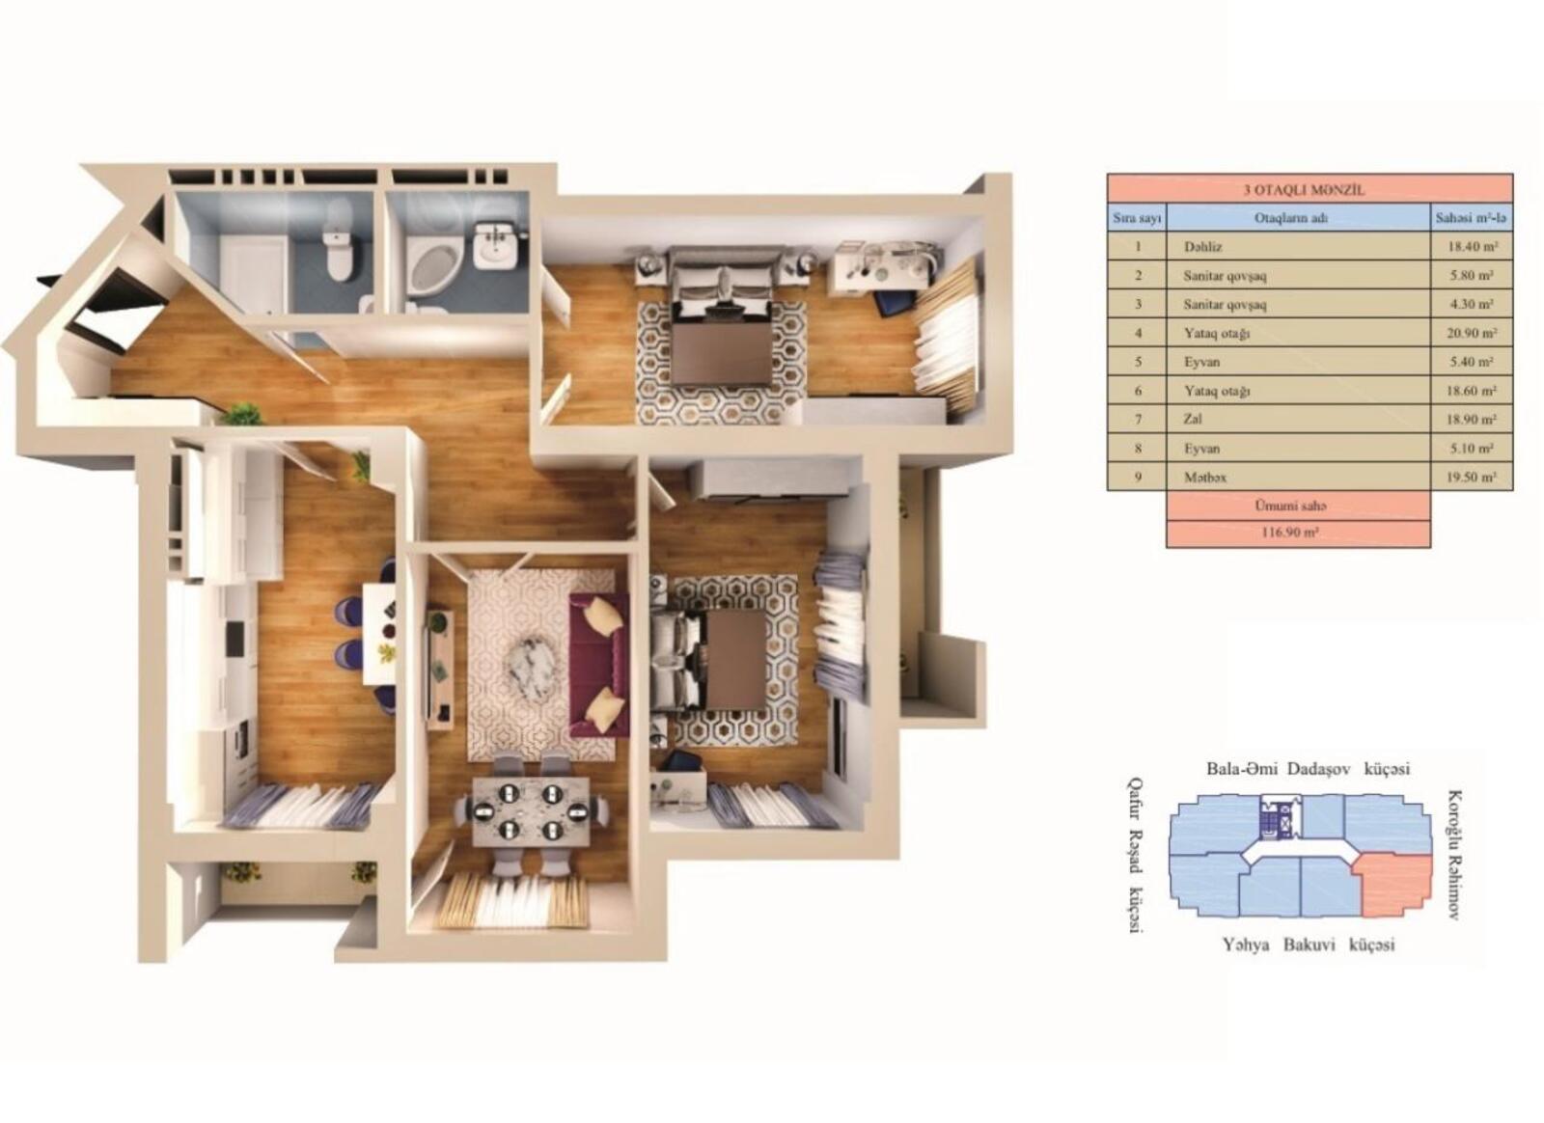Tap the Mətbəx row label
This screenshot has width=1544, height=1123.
pos(1205,477)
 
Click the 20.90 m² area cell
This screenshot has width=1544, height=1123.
pos(1473,333)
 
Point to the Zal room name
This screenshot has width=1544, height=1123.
pos(1193,419)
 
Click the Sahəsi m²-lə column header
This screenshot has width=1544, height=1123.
pos(1472,218)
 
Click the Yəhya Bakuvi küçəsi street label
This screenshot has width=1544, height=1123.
pos(1309,945)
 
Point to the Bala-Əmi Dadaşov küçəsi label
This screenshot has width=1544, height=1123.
pos(1308,768)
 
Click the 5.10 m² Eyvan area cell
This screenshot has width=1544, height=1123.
pos(1473,448)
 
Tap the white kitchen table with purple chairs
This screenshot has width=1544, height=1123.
pos(379,633)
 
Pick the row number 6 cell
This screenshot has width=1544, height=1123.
pos(1138,391)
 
